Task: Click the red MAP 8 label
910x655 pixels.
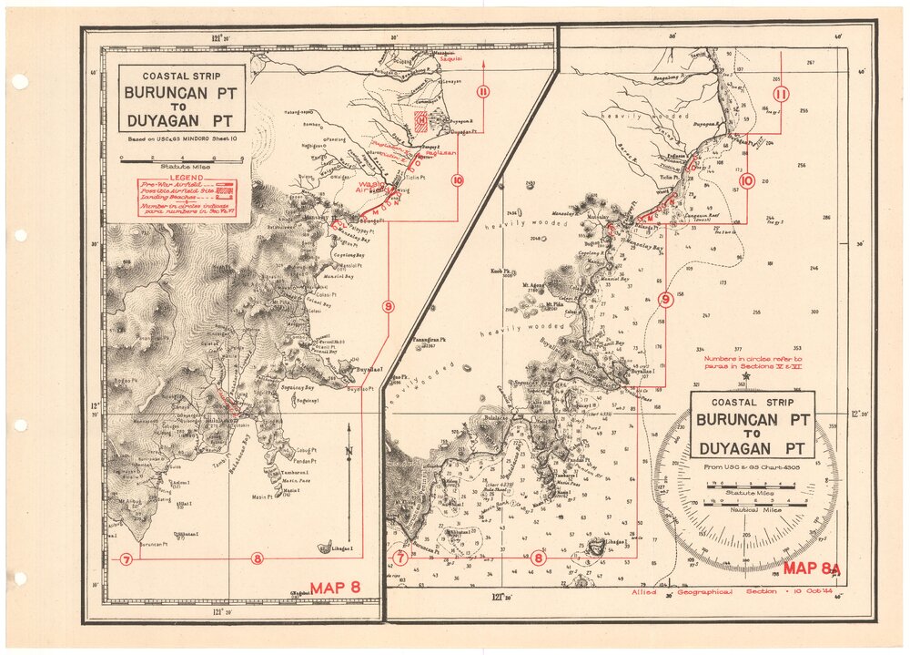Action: pyautogui.click(x=336, y=588)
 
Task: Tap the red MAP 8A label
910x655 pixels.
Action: pyautogui.click(x=812, y=569)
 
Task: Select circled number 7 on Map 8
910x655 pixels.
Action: pyautogui.click(x=126, y=558)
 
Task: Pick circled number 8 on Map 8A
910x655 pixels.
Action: pyautogui.click(x=539, y=558)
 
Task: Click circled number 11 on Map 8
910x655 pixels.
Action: pyautogui.click(x=482, y=90)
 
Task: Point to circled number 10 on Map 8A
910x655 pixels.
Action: pyautogui.click(x=748, y=180)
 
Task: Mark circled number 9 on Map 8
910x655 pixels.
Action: pyautogui.click(x=389, y=306)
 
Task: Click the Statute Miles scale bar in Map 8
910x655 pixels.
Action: pyautogui.click(x=183, y=159)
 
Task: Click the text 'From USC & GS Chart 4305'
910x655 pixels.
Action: pyautogui.click(x=751, y=467)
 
